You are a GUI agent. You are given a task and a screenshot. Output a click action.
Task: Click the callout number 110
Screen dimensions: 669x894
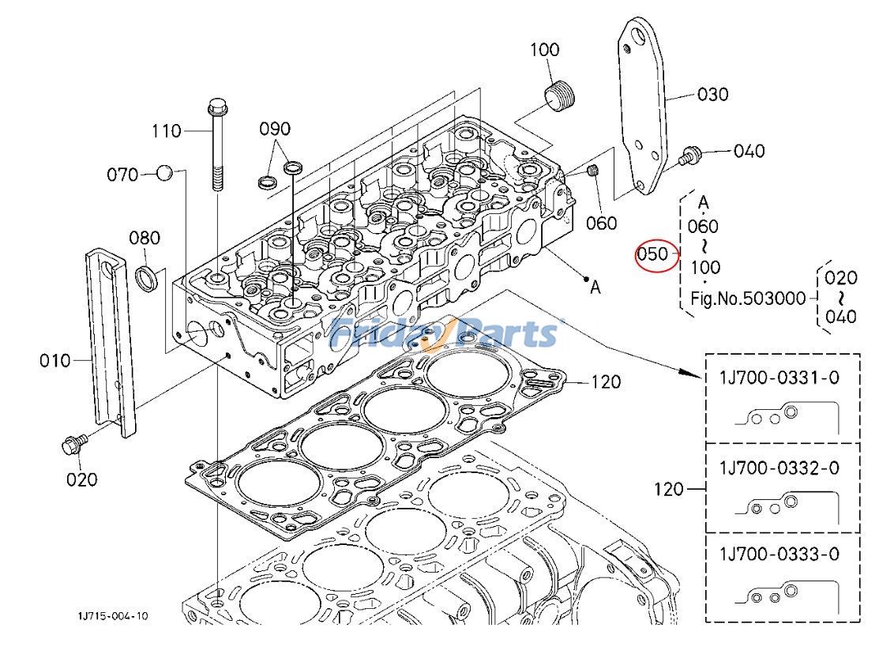[x=166, y=131]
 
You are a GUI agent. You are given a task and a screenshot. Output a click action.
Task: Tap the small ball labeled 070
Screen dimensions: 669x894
[x=164, y=173]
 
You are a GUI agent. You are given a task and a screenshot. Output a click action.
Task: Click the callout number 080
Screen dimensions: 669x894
[x=145, y=238]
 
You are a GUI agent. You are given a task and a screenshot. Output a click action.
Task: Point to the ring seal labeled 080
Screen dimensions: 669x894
[x=148, y=278]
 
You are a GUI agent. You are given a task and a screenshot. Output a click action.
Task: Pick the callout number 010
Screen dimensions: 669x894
[x=55, y=361]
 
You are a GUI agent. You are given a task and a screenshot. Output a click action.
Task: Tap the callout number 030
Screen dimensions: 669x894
[x=712, y=95]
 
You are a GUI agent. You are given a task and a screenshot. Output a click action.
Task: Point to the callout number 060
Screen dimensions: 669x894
[x=601, y=224]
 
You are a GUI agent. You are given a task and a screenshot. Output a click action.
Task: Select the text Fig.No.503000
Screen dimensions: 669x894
[x=748, y=299]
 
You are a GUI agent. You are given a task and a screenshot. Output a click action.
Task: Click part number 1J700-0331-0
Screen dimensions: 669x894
[x=779, y=378]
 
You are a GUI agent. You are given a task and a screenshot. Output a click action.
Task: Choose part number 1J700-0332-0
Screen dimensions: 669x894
[x=779, y=468]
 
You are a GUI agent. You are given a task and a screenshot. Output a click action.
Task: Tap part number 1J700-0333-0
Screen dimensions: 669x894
[x=779, y=554]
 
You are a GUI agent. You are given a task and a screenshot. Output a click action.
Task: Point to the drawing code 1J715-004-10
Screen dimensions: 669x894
[x=112, y=615]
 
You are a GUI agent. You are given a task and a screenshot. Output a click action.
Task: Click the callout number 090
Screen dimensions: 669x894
[x=275, y=129]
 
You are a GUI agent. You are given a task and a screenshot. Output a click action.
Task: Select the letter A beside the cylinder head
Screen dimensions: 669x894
[x=595, y=288]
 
